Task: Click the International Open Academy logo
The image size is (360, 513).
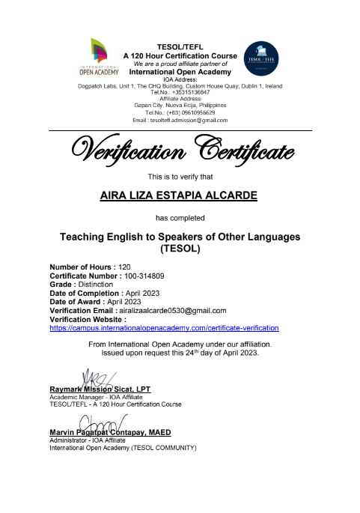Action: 99,56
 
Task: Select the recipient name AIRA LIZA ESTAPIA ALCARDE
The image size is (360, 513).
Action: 180,197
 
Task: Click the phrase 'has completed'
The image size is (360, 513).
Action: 180,218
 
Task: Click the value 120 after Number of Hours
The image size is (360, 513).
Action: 124,267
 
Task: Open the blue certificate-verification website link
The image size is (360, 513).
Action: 164,327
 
